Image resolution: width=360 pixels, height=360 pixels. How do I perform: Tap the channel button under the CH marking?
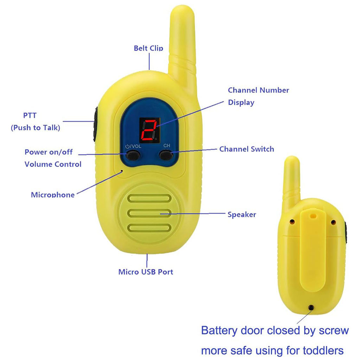(x=166, y=155)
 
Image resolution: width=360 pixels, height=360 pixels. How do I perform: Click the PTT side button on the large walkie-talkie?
(x=95, y=124)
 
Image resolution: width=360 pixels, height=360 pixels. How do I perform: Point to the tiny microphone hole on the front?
(x=122, y=171)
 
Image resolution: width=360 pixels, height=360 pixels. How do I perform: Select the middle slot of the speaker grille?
(x=149, y=213)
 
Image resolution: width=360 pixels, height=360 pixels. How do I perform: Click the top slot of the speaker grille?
(x=149, y=198)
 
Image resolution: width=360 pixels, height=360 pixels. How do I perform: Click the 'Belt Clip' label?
(x=148, y=48)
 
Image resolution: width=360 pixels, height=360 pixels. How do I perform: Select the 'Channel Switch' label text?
(x=246, y=149)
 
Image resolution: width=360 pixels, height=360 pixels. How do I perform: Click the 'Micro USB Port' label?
(x=146, y=272)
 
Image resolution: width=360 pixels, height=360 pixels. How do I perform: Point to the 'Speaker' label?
(x=242, y=214)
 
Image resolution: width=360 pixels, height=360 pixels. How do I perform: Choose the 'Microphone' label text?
(x=53, y=195)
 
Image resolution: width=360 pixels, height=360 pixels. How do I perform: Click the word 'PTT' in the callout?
(x=30, y=116)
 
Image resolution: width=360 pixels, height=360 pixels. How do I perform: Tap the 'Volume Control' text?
(x=53, y=164)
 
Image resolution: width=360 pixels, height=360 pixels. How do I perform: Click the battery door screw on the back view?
(x=311, y=308)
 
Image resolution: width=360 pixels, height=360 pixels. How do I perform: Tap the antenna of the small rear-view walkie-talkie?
(x=291, y=176)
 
